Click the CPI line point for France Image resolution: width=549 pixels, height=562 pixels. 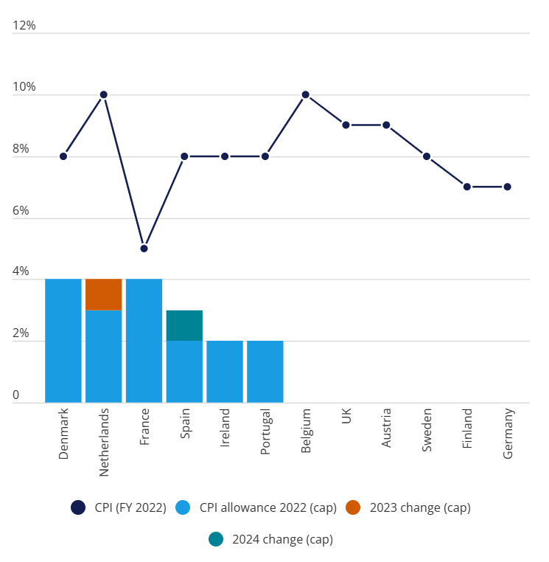pos(144,249)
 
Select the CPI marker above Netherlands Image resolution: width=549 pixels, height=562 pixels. pos(104,94)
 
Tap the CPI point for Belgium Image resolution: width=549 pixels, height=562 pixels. pos(306,94)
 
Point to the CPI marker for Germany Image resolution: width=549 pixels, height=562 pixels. pos(508,187)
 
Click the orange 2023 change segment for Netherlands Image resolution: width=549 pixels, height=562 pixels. pos(104,295)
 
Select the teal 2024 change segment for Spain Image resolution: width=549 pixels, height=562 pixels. pos(184,325)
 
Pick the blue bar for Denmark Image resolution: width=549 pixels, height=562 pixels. pos(63,341)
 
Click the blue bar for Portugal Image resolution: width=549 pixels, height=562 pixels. pos(265,372)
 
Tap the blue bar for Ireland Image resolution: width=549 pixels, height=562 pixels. pos(225,372)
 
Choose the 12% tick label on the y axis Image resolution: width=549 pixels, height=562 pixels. pos(24,26)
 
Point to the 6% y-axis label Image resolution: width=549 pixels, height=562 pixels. pos(21,211)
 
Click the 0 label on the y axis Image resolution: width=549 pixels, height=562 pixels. pos(15,396)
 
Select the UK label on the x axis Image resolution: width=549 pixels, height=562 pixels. pos(346,417)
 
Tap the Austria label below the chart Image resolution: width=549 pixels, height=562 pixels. pos(387,428)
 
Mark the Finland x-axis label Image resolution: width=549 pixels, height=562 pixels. pos(468,429)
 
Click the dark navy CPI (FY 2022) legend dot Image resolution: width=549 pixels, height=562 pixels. pos(78,507)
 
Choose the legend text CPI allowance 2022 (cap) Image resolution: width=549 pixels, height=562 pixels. pos(268,507)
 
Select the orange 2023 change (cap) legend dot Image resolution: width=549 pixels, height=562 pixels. pos(353,507)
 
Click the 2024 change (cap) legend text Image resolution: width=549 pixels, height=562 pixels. pos(282,539)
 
